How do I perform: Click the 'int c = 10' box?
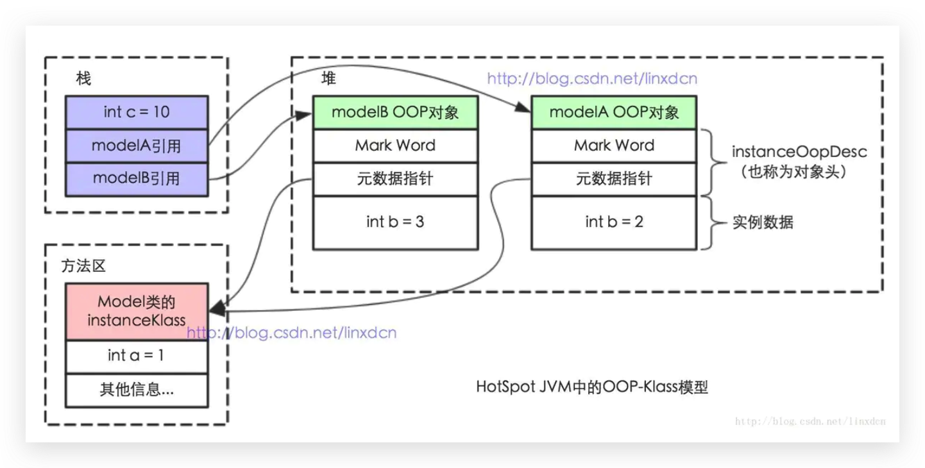pyautogui.click(x=137, y=112)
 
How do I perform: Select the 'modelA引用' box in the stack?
pyautogui.click(x=137, y=146)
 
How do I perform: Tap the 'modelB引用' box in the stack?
pyautogui.click(x=137, y=178)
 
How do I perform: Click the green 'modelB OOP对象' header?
pyautogui.click(x=395, y=112)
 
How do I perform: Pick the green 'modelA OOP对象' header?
pyautogui.click(x=614, y=112)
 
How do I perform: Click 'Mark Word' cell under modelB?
pyautogui.click(x=395, y=146)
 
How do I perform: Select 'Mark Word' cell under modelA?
pyautogui.click(x=614, y=146)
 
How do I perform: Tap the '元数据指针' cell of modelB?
pyautogui.click(x=395, y=179)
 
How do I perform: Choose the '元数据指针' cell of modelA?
pyautogui.click(x=614, y=179)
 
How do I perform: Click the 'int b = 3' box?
pyautogui.click(x=395, y=222)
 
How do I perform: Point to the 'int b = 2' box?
pyautogui.click(x=614, y=222)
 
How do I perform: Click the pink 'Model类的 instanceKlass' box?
pyautogui.click(x=137, y=312)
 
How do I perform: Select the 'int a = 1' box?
pyautogui.click(x=137, y=356)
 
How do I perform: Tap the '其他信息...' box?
pyautogui.click(x=137, y=390)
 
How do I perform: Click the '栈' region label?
pyautogui.click(x=83, y=79)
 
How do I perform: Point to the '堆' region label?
pyautogui.click(x=328, y=79)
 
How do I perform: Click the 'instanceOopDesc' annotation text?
pyautogui.click(x=790, y=153)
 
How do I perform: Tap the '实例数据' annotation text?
pyautogui.click(x=763, y=222)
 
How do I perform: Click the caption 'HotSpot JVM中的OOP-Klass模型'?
pyautogui.click(x=591, y=387)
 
